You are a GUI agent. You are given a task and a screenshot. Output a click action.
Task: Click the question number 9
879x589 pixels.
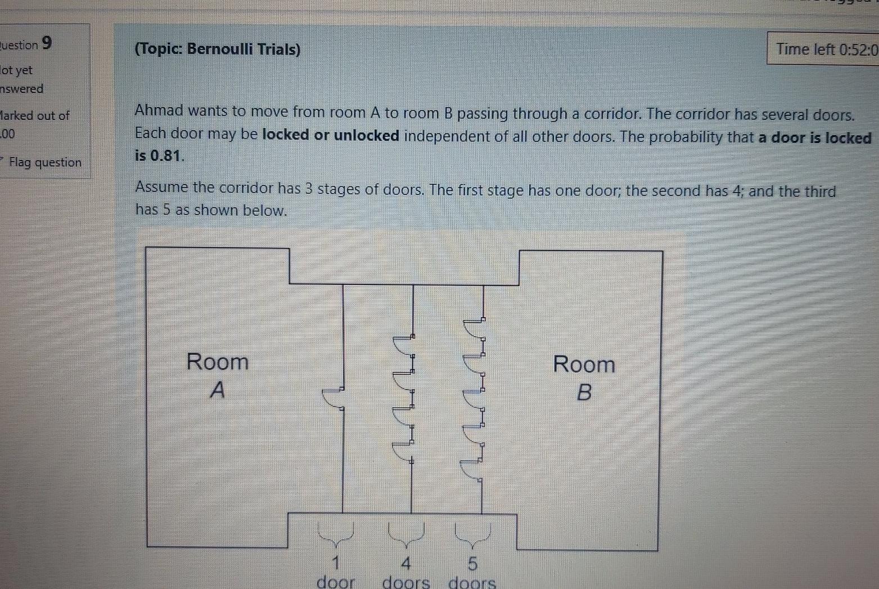pos(47,43)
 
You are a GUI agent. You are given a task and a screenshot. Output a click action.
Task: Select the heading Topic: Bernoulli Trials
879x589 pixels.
pos(218,50)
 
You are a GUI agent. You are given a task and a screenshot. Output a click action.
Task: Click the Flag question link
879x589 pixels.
pos(45,163)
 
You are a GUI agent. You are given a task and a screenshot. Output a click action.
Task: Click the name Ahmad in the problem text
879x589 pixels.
pos(159,111)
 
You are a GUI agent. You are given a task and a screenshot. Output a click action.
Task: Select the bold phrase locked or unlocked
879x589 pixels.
pos(331,136)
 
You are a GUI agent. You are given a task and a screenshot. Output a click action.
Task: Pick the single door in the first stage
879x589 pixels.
pos(333,398)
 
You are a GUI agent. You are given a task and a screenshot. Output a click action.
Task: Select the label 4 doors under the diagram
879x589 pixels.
pos(405,573)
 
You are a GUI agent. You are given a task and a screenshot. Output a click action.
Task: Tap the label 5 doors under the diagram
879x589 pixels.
pos(472,573)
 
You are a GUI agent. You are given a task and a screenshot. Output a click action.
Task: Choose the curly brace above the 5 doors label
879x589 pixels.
pos(473,534)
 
